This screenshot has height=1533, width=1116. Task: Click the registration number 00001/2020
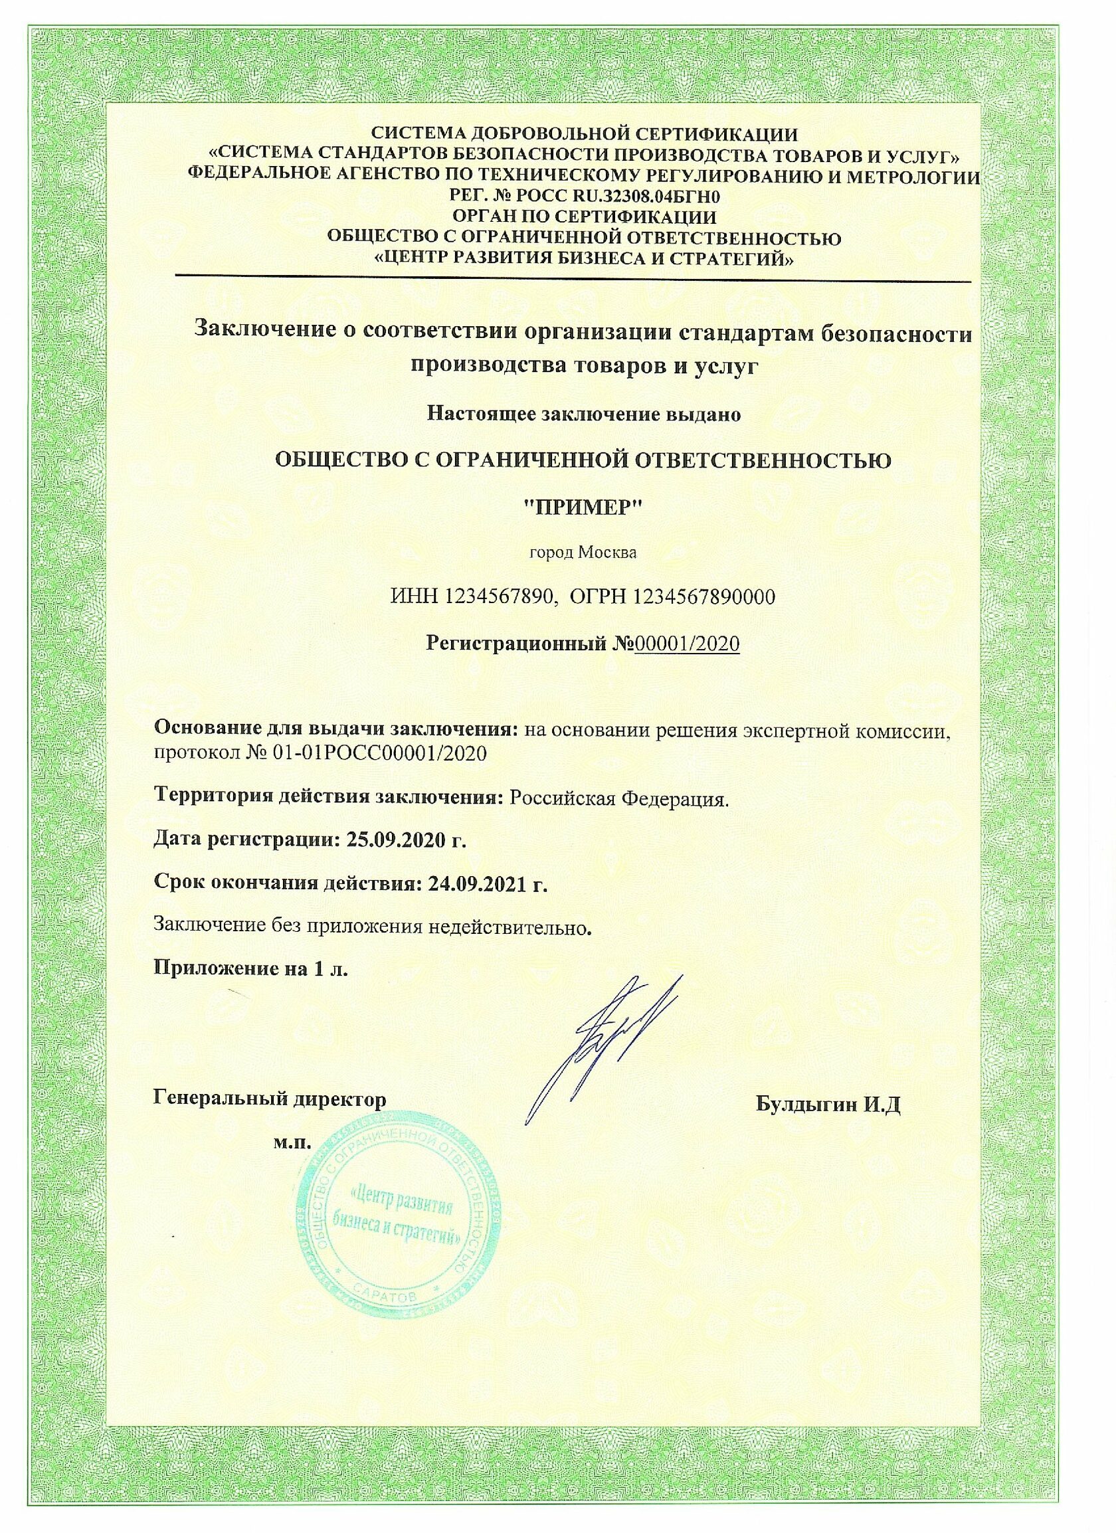688,644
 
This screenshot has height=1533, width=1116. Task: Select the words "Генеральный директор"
270,1099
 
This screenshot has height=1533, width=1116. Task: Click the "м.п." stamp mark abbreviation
292,1143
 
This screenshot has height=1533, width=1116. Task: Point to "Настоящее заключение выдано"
584,414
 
